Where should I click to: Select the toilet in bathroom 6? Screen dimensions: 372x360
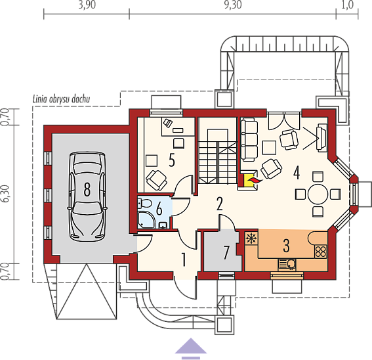(145, 204)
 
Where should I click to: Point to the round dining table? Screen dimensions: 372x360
(318, 194)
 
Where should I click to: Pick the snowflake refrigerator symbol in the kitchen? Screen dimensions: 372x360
(250, 238)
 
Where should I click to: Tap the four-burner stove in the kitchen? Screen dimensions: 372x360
(321, 252)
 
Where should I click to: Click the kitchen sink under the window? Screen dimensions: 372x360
(287, 264)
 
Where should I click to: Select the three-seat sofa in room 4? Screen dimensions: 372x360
(249, 141)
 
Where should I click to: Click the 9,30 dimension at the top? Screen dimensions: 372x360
(233, 5)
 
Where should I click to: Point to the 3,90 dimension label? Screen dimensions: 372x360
(87, 5)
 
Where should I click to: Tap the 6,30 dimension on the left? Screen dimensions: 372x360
(6, 194)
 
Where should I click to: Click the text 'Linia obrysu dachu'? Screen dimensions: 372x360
(61, 99)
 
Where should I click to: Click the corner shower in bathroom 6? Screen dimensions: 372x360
(146, 220)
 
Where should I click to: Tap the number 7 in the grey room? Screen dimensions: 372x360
(226, 252)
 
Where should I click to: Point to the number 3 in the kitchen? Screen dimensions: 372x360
(286, 246)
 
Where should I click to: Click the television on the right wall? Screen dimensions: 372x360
(321, 138)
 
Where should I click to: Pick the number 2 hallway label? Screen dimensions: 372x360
(219, 204)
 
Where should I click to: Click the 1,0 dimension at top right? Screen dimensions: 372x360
(348, 5)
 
